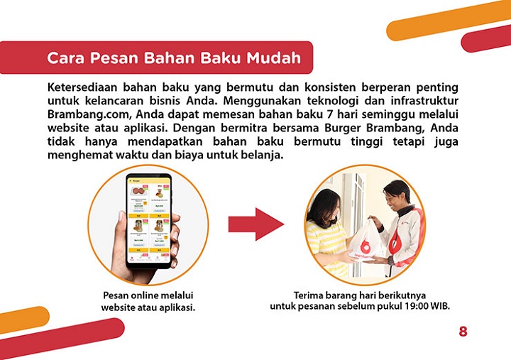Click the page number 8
[x=463, y=331]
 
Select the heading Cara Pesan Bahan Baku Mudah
[x=173, y=58]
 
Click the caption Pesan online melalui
[x=148, y=295]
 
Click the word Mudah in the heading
[x=273, y=58]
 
